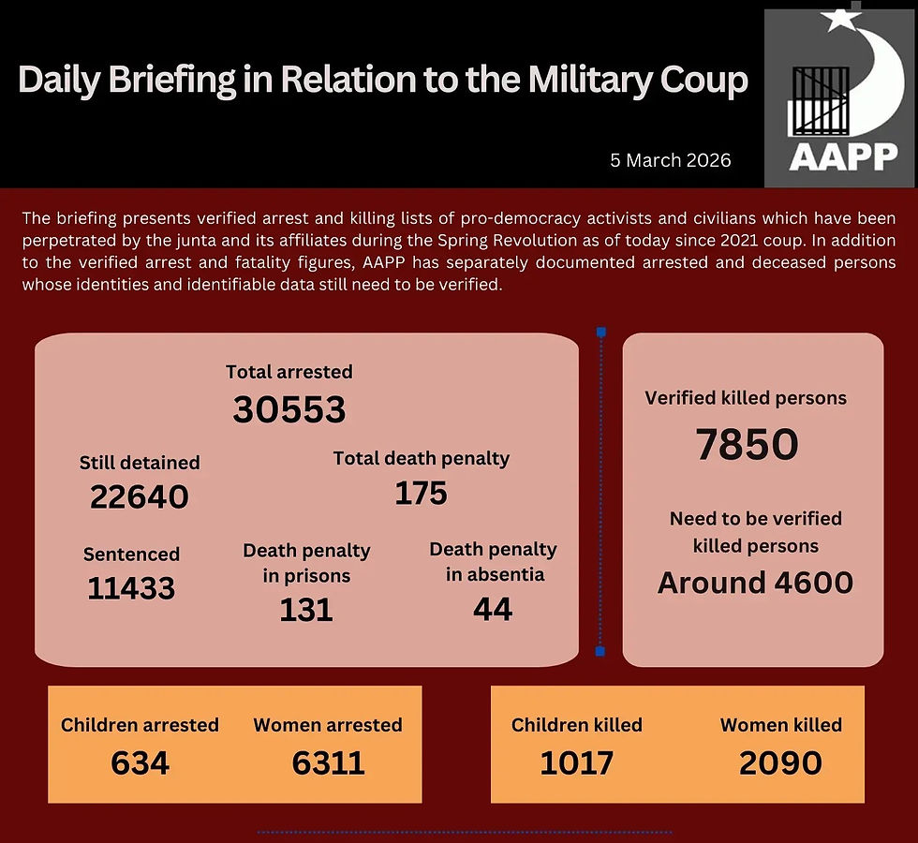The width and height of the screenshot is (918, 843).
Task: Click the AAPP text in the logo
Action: click(843, 156)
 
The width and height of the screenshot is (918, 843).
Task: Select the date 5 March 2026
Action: click(670, 160)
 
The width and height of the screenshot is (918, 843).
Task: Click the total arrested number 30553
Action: click(289, 409)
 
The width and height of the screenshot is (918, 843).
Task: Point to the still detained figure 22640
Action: click(140, 496)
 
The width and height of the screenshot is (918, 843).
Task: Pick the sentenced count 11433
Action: click(131, 588)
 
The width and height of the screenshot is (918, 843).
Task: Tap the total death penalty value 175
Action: click(421, 493)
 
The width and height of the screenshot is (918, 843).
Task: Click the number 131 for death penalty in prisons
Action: click(306, 611)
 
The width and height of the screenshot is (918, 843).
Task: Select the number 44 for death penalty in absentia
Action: click(493, 610)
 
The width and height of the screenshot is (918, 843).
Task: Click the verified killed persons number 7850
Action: click(747, 445)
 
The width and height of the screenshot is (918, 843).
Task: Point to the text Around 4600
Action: click(755, 583)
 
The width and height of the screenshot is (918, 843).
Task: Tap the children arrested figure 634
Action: click(140, 763)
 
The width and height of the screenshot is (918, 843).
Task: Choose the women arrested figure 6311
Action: click(328, 763)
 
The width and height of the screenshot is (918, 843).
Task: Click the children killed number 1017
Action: click(576, 763)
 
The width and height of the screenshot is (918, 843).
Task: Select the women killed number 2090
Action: click(780, 763)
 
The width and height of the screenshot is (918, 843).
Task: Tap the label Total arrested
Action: click(289, 372)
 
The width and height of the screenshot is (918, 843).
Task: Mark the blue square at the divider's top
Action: click(600, 332)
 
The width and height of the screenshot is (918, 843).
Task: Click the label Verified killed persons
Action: click(746, 398)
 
